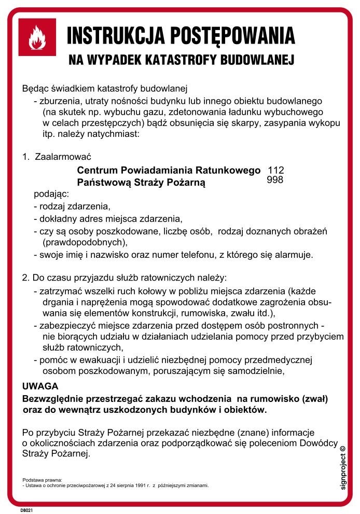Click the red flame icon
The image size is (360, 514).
[37, 37]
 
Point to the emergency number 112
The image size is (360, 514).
[275, 171]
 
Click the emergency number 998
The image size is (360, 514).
[274, 180]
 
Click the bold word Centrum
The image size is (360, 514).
[98, 170]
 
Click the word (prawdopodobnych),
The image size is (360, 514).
[85, 242]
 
